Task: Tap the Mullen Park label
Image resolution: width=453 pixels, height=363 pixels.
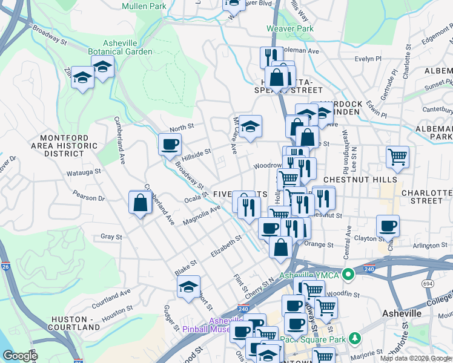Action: [144, 6]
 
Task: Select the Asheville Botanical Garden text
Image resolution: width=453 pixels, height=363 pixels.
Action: [119, 47]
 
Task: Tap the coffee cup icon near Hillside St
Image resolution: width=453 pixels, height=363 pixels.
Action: [170, 144]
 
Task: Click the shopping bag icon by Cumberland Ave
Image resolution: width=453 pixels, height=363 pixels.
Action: [140, 203]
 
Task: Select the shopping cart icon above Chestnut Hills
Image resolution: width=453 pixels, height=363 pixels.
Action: [397, 157]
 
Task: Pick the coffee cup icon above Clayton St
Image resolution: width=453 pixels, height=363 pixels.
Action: [388, 226]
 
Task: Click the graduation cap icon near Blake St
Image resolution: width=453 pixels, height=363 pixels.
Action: [189, 286]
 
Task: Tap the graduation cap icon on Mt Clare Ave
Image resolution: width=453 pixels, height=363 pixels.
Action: [250, 126]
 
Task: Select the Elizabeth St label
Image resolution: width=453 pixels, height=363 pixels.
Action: [226, 246]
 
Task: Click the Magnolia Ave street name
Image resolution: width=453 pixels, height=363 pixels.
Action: [202, 215]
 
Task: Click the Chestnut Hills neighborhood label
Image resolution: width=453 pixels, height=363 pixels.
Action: [360, 180]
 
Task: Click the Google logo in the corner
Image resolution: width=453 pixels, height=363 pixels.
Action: [19, 356]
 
